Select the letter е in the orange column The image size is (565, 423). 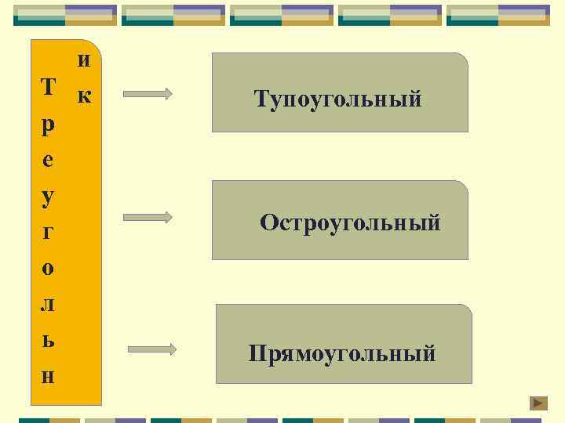[x=48, y=161]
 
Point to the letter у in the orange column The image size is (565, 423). [x=48, y=195]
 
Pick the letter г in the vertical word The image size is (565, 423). [x=48, y=233]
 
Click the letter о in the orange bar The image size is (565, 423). [x=48, y=268]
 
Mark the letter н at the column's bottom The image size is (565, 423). [x=48, y=376]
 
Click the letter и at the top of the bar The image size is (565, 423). [x=85, y=60]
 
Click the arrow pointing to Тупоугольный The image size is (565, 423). [x=148, y=94]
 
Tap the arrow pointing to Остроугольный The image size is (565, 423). [x=148, y=217]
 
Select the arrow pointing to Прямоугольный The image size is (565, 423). [x=151, y=349]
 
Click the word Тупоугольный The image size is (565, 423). [x=338, y=99]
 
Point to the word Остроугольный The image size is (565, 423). [x=350, y=222]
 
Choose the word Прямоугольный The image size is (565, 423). [x=342, y=353]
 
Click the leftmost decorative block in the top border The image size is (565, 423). [x=65, y=15]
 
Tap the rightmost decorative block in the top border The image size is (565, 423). [x=498, y=15]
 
